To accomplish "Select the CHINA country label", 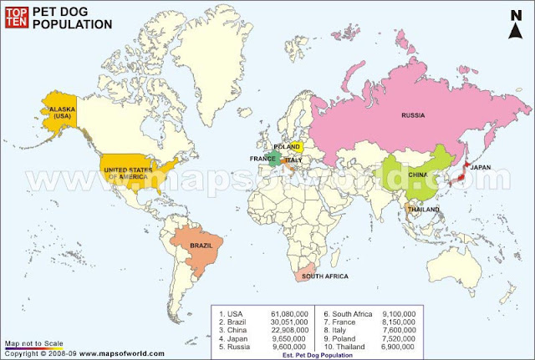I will [419, 175].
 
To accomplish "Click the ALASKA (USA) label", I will [63, 113].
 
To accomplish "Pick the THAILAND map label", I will [425, 209].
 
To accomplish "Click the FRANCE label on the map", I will [262, 158].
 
